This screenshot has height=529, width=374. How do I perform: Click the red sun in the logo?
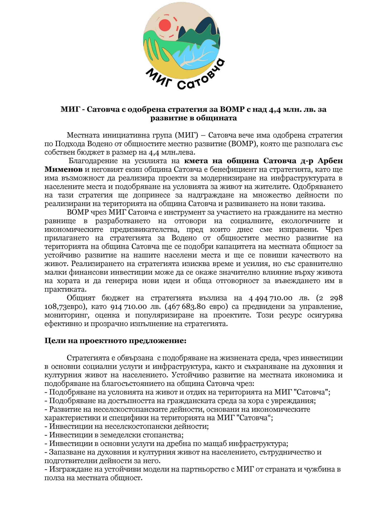(x=165, y=25)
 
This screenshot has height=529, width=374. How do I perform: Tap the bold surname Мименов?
(x=64, y=169)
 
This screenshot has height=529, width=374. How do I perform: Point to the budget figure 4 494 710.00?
(x=270, y=298)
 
